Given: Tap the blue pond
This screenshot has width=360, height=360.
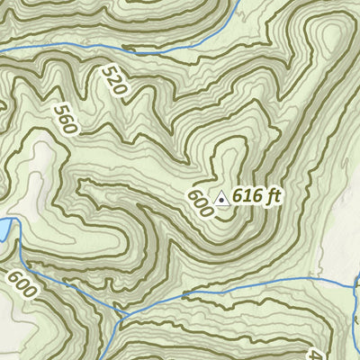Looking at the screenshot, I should point(4,230).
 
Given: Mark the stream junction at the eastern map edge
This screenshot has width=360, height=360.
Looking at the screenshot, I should point(355,290).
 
